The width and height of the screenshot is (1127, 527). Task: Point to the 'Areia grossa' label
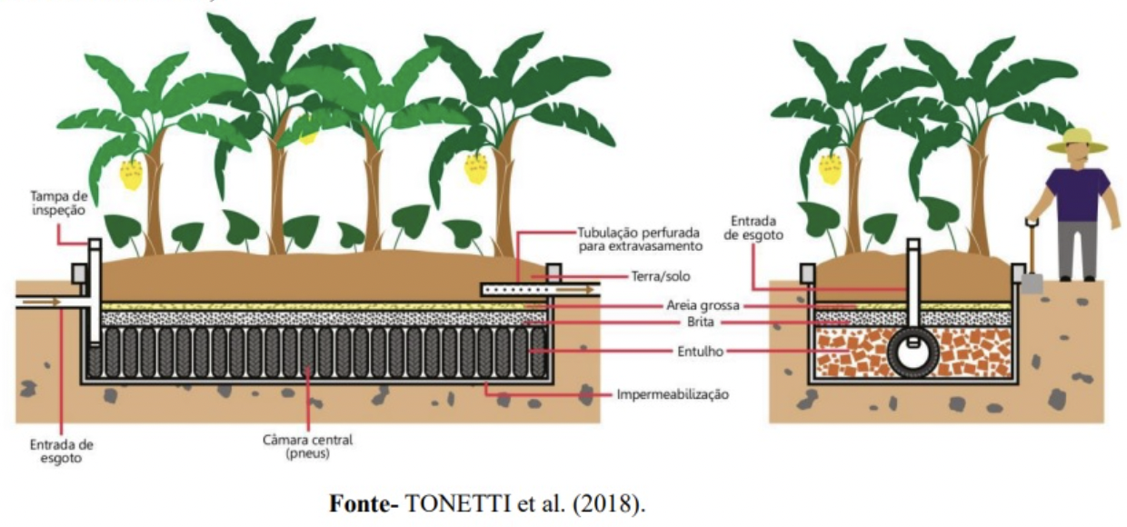coord(700,306)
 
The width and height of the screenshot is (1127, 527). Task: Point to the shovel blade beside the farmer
coord(1031,281)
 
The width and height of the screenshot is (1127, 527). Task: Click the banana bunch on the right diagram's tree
coord(830,169)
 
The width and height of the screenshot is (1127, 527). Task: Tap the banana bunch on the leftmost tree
coord(133,174)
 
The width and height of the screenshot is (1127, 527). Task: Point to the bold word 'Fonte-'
coord(364,503)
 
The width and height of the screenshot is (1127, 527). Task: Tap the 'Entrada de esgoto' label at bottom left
coord(61,452)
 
